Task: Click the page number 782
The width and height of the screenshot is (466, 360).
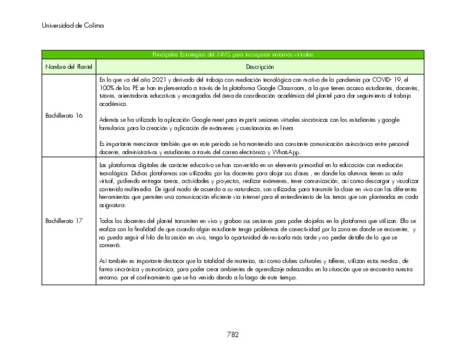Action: click(232, 334)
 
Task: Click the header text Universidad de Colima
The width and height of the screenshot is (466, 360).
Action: click(73, 25)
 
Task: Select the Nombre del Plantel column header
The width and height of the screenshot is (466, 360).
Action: click(69, 66)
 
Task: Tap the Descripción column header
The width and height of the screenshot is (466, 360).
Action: click(260, 66)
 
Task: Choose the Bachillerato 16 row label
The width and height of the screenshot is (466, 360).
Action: click(64, 115)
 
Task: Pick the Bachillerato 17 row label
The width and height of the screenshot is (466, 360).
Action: click(64, 221)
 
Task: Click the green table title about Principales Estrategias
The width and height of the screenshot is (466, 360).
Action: click(232, 54)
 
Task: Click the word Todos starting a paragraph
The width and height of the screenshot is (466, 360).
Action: click(107, 221)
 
